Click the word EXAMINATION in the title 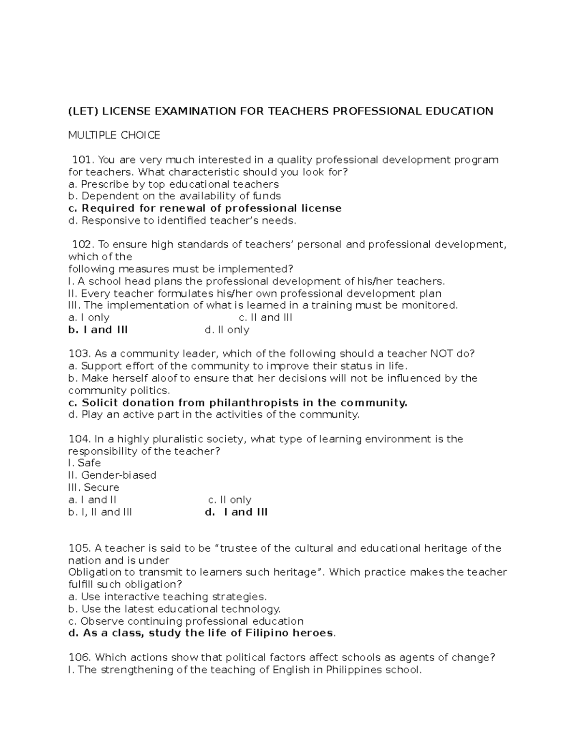click(195, 111)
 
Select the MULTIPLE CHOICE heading click(114, 135)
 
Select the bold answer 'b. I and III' click(98, 330)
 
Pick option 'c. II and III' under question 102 click(265, 318)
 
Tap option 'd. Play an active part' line click(214, 414)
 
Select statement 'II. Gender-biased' click(112, 475)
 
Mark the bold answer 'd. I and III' click(236, 512)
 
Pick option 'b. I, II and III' click(100, 512)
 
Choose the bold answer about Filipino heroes click(202, 633)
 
